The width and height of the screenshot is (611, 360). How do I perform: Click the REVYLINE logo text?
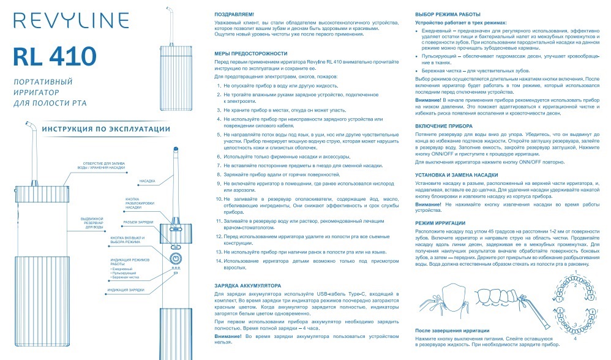click(x=56, y=22)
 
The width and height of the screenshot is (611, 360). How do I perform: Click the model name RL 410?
click(x=54, y=57)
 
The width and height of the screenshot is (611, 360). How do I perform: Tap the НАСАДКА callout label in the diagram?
click(x=146, y=181)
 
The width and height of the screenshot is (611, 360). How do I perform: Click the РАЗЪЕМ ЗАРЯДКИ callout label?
click(x=138, y=222)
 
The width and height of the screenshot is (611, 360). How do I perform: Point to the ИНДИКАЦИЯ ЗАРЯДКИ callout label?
click(x=126, y=289)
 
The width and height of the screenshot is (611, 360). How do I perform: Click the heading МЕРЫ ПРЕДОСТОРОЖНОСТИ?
click(x=250, y=54)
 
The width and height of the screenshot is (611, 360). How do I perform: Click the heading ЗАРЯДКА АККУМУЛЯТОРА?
click(x=248, y=285)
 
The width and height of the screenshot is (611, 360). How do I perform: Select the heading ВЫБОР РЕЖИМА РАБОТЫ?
click(x=448, y=13)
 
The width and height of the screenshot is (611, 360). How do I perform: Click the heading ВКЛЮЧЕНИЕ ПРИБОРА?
click(x=444, y=125)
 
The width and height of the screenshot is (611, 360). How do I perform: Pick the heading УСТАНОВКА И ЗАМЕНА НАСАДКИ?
click(x=456, y=175)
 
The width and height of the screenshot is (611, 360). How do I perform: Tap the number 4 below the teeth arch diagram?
click(x=574, y=339)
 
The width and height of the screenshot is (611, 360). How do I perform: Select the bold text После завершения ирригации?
click(x=452, y=331)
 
